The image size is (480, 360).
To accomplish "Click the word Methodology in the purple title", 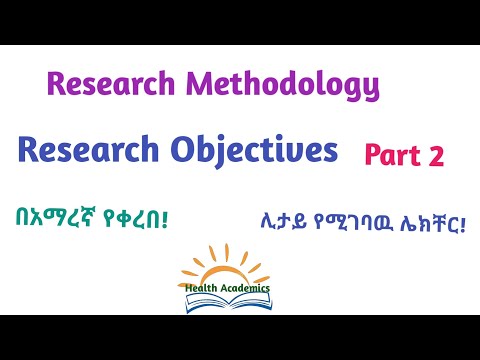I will [284, 87].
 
